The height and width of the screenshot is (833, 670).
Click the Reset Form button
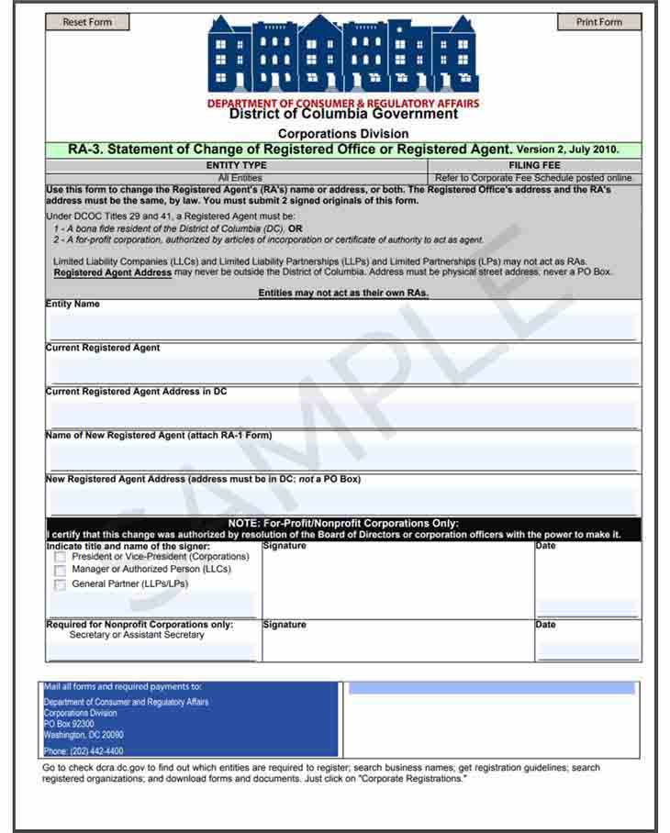pos(87,22)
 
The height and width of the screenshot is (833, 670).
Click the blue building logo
pos(342,54)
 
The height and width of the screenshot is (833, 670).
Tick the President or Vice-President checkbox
pos(61,557)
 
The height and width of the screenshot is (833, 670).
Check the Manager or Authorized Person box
pos(61,571)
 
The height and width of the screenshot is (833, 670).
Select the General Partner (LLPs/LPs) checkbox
pos(61,584)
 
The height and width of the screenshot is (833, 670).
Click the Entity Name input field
pos(342,326)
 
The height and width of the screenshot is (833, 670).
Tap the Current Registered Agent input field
pos(342,370)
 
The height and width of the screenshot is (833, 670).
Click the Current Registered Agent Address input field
pos(342,414)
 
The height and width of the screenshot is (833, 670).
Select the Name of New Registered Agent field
pos(342,456)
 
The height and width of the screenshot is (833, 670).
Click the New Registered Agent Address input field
pos(342,500)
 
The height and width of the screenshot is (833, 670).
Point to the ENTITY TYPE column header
pos(236,165)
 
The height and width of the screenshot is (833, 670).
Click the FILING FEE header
pos(535,165)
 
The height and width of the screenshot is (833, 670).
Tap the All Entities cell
pos(240,178)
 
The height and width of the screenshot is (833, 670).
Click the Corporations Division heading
pos(343,134)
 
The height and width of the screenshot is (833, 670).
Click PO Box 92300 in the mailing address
pos(69,724)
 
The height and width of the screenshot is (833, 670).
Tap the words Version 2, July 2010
pos(567,149)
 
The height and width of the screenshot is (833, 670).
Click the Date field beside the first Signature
pos(587,607)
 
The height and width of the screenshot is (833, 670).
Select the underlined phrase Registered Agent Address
pos(113,272)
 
